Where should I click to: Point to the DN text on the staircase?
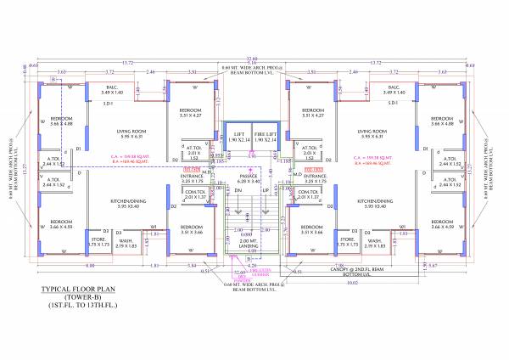(x=239, y=191)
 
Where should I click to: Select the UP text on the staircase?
(x=265, y=191)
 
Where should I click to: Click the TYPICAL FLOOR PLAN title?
(x=78, y=290)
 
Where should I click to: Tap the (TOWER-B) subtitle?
(x=78, y=298)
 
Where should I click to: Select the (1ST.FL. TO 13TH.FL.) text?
(x=78, y=307)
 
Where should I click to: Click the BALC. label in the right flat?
(x=393, y=88)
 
